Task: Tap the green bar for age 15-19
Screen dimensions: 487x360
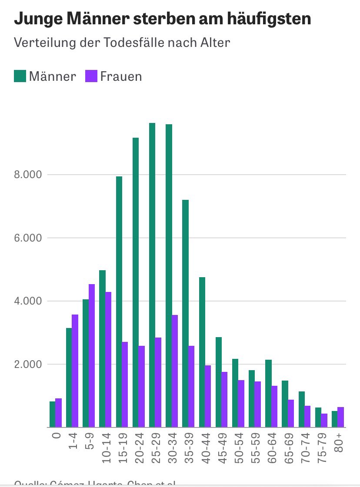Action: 119,301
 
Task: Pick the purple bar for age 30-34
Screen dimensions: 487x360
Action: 175,371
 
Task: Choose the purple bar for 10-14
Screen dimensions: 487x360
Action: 108,359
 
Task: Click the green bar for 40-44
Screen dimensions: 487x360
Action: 202,352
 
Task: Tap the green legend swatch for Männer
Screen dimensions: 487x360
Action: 20,76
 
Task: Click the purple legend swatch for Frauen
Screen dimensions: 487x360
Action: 91,76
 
